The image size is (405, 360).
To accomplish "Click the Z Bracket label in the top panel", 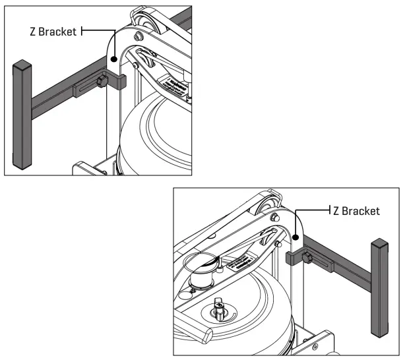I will pyautogui.click(x=53, y=31).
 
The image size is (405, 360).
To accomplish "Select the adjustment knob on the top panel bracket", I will pyautogui.click(x=102, y=82).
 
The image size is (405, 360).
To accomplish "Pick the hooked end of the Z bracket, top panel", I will pyautogui.click(x=121, y=81).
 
